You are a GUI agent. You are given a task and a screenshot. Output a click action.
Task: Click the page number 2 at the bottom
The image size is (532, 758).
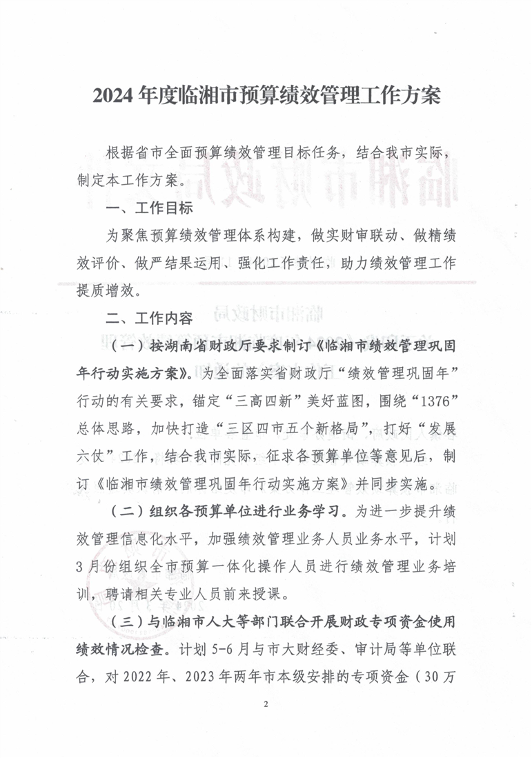266,704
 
